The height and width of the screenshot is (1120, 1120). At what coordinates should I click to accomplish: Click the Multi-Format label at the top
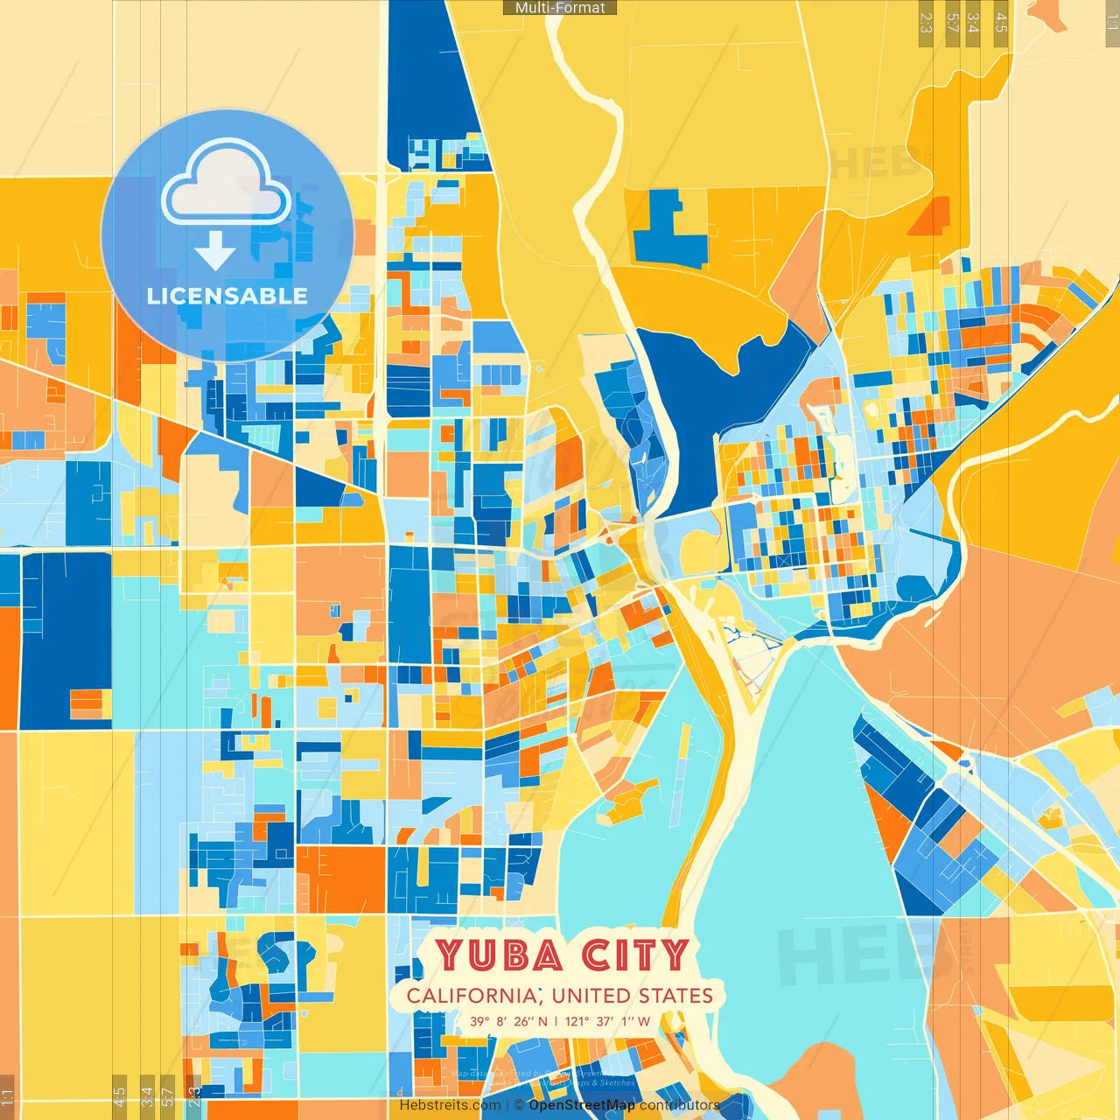coord(560,8)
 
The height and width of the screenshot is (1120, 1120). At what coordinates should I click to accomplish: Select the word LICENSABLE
coord(227,297)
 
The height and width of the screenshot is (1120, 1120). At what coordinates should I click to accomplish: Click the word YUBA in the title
coord(500,955)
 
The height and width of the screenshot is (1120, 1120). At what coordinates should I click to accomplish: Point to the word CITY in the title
coord(636,955)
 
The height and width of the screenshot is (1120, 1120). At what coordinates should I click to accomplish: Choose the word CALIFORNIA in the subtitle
coord(472,996)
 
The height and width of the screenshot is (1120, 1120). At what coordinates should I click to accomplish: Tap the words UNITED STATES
coord(633,996)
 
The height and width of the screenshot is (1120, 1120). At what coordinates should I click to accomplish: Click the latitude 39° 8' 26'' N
coord(508,1021)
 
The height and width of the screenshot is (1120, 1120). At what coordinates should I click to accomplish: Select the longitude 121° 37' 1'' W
coord(607,1021)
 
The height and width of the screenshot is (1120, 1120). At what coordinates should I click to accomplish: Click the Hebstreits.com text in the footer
coord(450,1105)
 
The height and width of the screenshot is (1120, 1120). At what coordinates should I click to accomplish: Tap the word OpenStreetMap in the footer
coord(582,1105)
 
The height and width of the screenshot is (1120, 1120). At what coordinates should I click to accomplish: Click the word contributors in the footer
coord(679,1105)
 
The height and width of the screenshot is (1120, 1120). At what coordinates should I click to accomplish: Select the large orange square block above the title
coord(341,878)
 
